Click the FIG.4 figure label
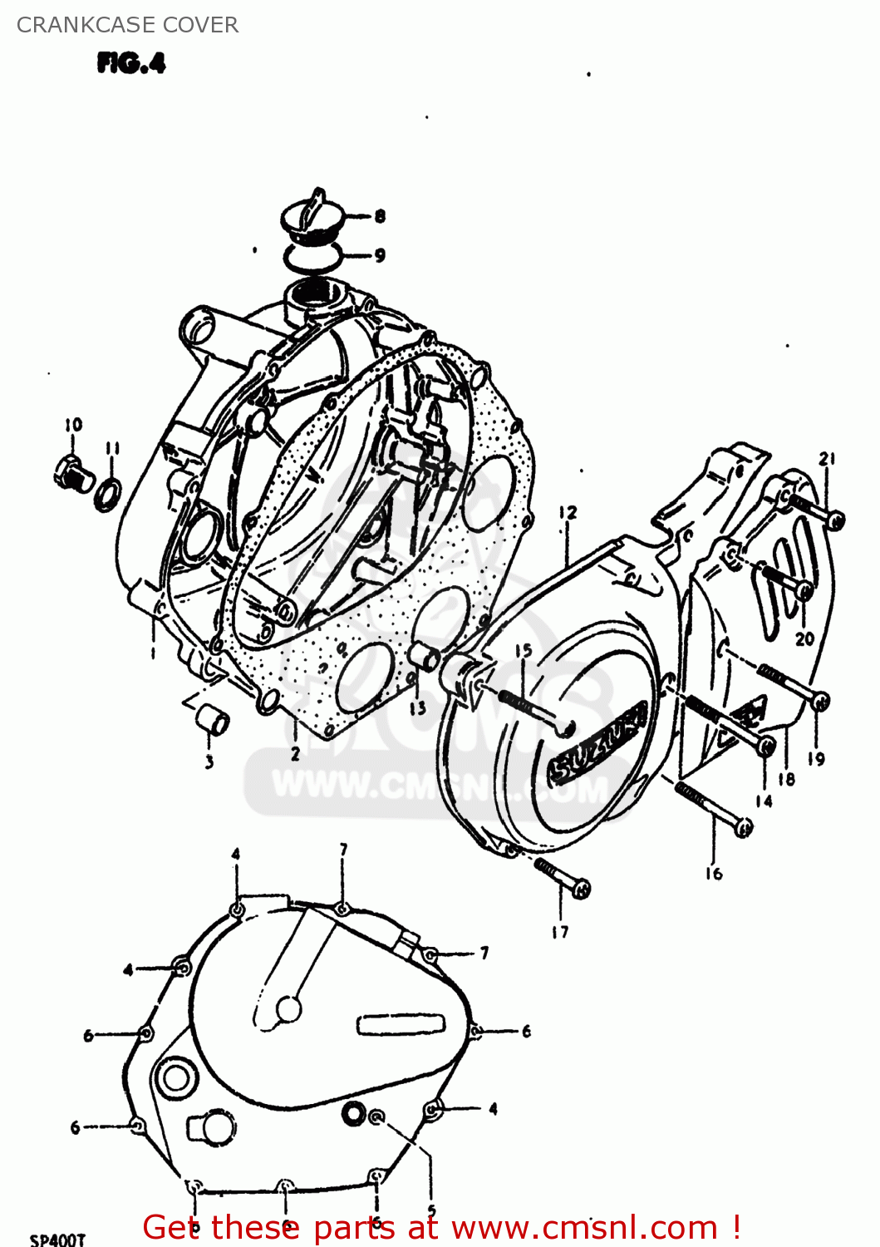131,63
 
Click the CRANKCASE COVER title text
127,25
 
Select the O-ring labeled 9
312,256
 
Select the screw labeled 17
563,878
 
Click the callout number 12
568,512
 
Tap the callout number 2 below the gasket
295,755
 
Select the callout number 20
804,638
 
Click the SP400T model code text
57,1239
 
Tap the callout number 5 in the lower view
430,1210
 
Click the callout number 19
816,758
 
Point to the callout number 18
786,779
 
